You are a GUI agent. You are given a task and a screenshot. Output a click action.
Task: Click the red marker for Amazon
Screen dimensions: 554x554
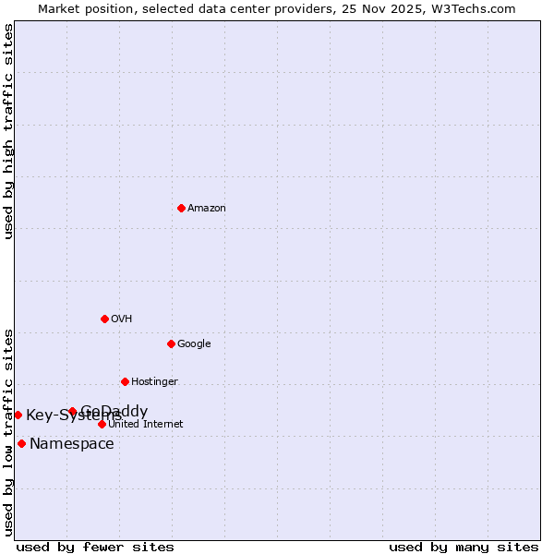point(181,208)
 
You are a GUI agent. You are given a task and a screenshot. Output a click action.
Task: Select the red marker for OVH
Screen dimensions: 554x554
point(104,319)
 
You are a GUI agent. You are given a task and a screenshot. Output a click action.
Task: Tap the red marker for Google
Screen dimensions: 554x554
point(171,343)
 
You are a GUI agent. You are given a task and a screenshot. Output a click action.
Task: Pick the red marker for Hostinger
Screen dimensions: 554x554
point(125,381)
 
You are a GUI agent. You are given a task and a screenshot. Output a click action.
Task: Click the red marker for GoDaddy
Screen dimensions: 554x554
point(72,412)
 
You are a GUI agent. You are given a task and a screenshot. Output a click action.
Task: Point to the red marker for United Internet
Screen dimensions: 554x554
point(102,424)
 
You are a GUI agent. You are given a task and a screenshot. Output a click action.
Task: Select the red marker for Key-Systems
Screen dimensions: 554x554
point(18,415)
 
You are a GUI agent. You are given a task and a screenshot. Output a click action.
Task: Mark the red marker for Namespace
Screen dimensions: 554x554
point(21,443)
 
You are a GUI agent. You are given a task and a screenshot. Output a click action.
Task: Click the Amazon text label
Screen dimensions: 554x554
point(207,209)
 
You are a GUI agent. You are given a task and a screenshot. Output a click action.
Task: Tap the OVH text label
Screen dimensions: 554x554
point(122,319)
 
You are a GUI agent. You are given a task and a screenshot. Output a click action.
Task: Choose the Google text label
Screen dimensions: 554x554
point(194,344)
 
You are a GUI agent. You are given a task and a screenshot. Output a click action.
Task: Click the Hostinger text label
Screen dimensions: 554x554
point(154,382)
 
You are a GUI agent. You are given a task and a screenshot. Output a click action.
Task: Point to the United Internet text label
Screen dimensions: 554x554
point(146,425)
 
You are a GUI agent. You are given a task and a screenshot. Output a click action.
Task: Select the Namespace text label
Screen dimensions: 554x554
point(72,444)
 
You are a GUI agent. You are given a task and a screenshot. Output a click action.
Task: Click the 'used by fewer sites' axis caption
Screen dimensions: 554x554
point(95,548)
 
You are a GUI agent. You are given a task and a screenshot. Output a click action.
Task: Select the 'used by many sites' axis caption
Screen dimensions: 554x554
point(464,548)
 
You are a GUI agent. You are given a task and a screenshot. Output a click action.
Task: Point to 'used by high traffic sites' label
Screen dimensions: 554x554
point(9,131)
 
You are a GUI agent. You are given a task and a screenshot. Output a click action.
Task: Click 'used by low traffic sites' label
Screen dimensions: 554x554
point(9,432)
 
